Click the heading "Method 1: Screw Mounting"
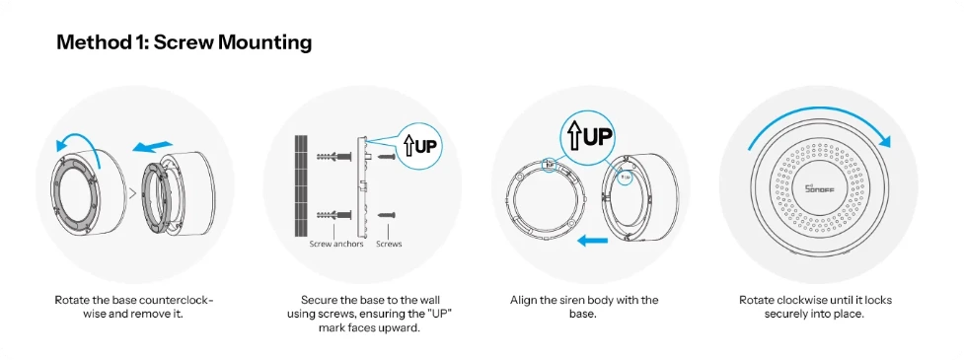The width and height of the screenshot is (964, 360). point(184,42)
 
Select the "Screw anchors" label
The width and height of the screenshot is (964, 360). point(336,244)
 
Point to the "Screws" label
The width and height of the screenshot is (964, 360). point(389,244)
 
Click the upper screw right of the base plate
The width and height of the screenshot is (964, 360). point(386,158)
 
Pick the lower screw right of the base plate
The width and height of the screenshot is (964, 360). point(386,215)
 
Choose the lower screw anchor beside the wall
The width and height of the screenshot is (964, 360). point(333,215)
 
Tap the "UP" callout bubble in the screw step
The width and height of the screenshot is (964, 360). point(421,146)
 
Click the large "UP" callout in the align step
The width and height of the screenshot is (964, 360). point(588,136)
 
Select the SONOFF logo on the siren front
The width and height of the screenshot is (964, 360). point(820,189)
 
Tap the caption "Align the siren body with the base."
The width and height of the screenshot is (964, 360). point(584,307)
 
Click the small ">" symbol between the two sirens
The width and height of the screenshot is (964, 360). point(131,194)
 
